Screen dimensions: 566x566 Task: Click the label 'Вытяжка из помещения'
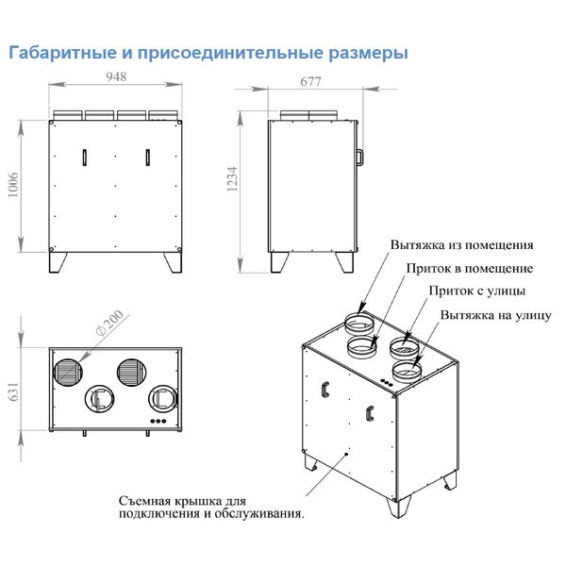tap(462, 244)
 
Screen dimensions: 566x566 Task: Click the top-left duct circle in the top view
tap(68, 372)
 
